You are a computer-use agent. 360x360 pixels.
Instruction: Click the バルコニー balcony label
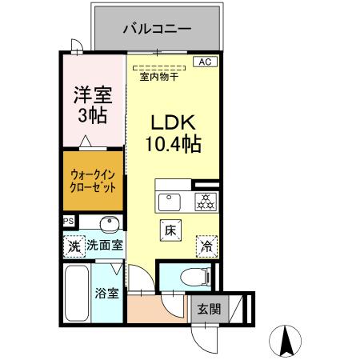157,29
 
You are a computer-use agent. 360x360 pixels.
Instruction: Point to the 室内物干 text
158,78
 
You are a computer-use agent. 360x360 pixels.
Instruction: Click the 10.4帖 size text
172,145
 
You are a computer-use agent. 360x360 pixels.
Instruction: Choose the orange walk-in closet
93,183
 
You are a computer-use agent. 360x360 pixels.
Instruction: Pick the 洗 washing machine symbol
74,247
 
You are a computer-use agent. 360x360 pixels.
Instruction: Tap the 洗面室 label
105,246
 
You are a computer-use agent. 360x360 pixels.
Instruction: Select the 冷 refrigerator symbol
206,246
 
